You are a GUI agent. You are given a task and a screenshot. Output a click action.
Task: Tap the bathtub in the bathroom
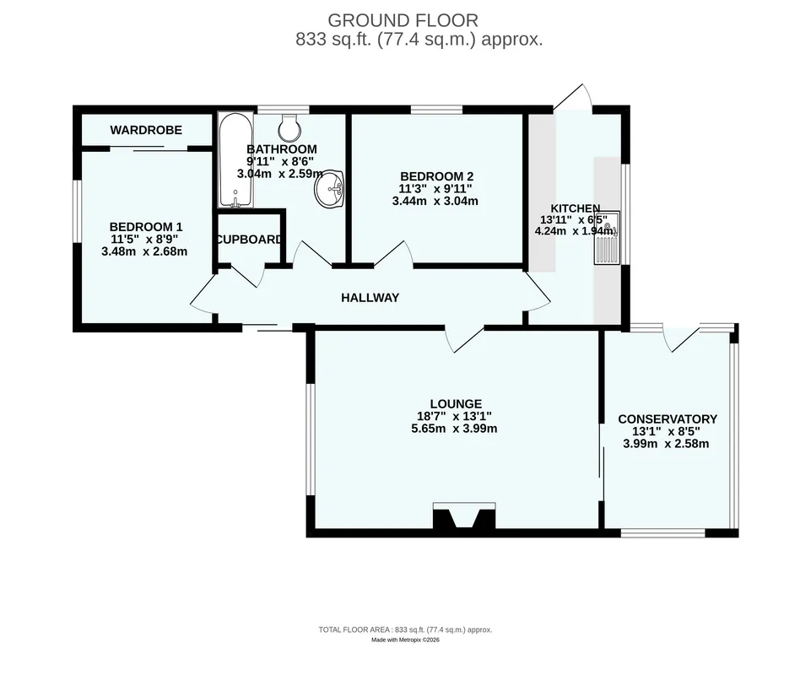235,160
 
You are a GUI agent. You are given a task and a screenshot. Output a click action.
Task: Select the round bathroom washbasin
329,189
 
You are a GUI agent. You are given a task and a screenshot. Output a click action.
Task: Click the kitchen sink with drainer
608,237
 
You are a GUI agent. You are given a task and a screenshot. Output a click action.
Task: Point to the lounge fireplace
464,516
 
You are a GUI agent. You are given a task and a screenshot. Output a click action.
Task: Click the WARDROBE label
146,130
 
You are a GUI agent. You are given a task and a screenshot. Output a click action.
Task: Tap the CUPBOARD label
249,240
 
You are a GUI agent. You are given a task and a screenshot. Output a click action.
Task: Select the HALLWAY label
370,298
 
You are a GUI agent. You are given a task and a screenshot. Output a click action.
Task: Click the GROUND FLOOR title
403,21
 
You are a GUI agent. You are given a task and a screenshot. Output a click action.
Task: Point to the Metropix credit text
405,640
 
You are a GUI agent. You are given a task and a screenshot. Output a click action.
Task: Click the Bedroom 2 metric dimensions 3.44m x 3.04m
435,201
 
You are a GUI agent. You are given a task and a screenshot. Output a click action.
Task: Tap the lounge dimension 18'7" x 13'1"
454,416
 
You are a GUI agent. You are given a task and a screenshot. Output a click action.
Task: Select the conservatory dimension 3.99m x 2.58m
666,444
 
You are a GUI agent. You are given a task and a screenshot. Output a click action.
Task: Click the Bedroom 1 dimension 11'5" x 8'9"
144,240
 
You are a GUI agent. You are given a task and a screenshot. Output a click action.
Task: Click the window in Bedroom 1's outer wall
77,210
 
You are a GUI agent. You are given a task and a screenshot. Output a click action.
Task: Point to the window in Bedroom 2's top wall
436,109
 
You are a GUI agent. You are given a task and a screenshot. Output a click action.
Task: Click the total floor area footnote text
405,630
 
